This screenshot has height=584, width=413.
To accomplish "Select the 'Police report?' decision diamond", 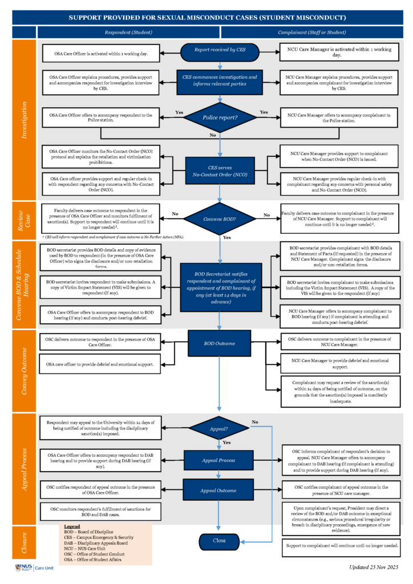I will point(220,117).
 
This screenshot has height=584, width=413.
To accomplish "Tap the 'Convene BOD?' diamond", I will point(220,218).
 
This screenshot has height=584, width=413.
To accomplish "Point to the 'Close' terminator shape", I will point(220,540).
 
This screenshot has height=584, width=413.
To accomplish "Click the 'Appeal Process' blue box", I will point(220,460).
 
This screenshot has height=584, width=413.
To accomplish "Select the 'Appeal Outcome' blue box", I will point(220,490).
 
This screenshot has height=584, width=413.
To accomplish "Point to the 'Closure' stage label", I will point(24,541).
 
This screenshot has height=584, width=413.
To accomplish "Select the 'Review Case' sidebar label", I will point(24,219).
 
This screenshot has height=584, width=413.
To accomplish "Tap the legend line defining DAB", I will point(96,542).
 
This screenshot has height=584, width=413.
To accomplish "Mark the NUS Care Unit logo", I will point(35,568).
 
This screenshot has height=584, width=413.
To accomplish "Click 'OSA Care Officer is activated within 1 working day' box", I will point(102,54).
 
